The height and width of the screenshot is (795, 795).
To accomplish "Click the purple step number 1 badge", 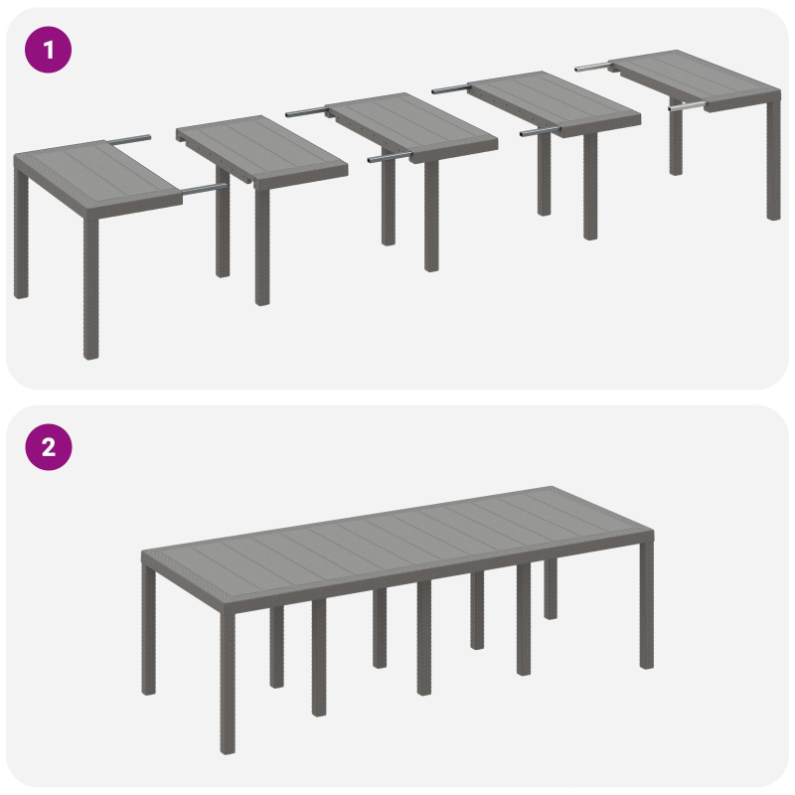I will tap(48, 50).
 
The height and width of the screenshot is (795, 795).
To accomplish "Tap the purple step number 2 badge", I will tap(48, 447).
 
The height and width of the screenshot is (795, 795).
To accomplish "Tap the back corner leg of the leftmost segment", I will tap(21, 238).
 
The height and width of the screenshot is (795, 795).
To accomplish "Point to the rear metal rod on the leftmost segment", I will tap(130, 138).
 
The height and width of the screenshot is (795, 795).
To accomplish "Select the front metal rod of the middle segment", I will tap(389, 157).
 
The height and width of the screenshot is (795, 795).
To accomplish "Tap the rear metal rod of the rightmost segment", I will tap(593, 67).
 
